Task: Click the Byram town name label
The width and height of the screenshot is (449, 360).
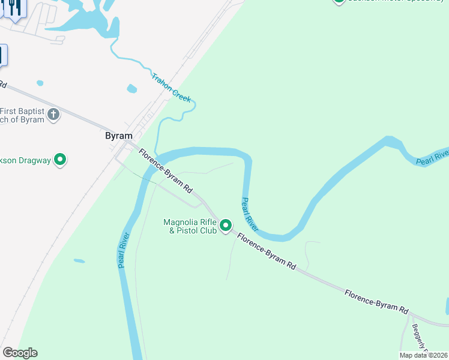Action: click(x=118, y=136)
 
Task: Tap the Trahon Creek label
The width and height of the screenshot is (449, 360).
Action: click(x=172, y=88)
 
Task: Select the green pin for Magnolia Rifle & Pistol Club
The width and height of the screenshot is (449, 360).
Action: click(x=226, y=226)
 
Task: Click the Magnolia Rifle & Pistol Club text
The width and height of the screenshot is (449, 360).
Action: click(x=190, y=226)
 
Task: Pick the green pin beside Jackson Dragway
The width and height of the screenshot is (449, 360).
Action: click(x=60, y=160)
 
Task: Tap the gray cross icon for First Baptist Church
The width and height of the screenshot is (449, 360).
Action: click(x=54, y=114)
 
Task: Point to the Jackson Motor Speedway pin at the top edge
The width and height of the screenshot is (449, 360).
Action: click(x=339, y=1)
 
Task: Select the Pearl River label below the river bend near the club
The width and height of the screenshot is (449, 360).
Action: click(x=250, y=214)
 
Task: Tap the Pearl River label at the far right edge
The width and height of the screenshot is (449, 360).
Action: click(x=432, y=158)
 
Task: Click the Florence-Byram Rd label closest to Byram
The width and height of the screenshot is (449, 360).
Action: click(x=165, y=171)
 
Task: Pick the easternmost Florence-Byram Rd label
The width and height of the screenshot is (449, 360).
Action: click(x=376, y=301)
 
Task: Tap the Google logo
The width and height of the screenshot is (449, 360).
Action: click(x=20, y=353)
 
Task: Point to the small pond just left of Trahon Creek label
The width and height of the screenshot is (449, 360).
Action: click(x=132, y=89)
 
